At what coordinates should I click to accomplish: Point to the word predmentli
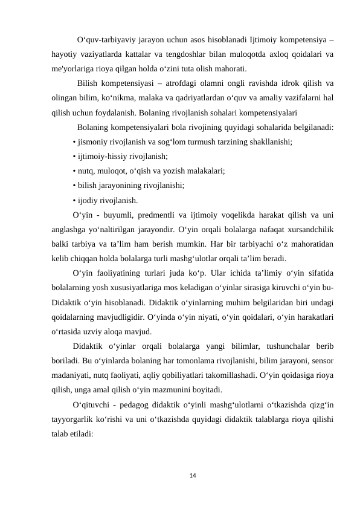[158, 215]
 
